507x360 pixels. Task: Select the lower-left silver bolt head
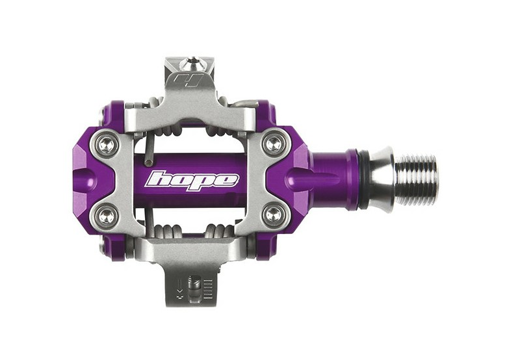[x=107, y=214]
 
